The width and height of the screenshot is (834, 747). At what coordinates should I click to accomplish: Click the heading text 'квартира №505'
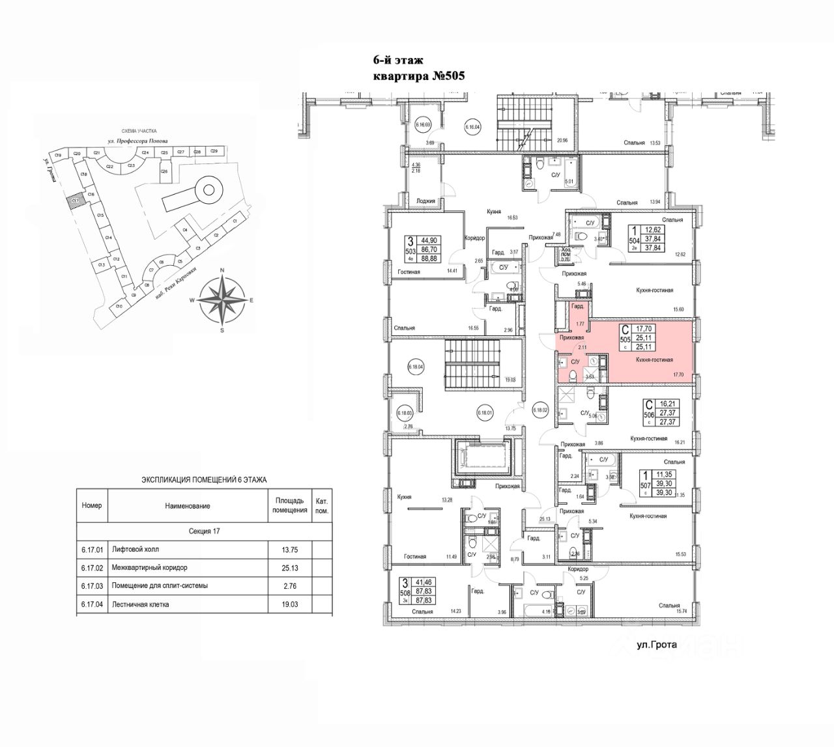click(418, 76)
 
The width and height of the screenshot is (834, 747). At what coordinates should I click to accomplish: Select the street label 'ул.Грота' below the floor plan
click(657, 646)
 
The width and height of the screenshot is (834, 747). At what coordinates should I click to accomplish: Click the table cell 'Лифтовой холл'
click(135, 549)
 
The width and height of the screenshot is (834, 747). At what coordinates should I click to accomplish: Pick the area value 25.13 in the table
click(285, 567)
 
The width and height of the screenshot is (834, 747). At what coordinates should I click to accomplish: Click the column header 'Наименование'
click(187, 505)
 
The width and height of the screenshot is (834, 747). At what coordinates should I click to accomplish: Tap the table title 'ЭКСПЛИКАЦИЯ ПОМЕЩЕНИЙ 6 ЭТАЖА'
click(204, 480)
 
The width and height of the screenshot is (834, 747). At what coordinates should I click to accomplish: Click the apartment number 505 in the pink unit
click(625, 339)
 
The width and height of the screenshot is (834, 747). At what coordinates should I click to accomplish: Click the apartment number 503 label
click(410, 252)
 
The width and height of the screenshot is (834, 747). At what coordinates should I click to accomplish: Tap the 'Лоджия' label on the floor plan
click(425, 201)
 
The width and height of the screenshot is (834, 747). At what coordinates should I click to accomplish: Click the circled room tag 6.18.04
click(415, 367)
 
